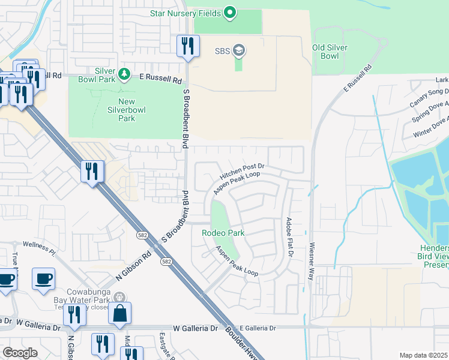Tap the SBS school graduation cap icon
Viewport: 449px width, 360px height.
click(x=239, y=50)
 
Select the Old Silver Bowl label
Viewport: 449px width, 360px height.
click(x=330, y=52)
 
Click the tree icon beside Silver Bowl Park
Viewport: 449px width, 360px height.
click(x=124, y=74)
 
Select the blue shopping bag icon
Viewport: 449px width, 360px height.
click(x=120, y=313)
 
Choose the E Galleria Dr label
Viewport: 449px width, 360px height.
click(x=257, y=328)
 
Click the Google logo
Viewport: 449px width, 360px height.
click(x=20, y=352)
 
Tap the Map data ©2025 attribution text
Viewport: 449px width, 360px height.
click(x=424, y=355)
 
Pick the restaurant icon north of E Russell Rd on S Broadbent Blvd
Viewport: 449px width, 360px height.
click(x=188, y=46)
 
